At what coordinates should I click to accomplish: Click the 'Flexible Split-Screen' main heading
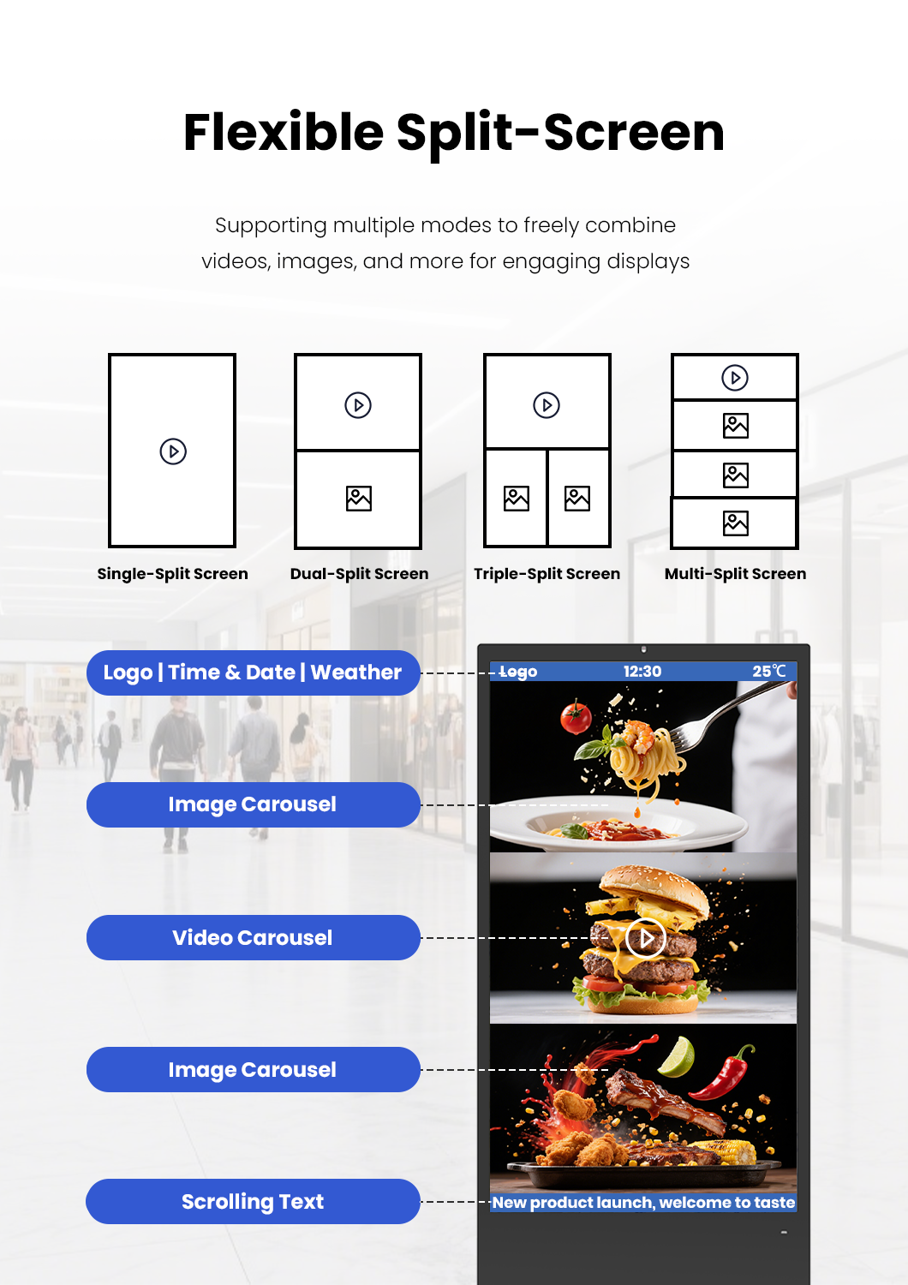click(x=454, y=133)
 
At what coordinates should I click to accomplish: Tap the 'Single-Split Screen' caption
click(x=172, y=574)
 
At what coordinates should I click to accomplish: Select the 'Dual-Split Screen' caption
click(x=359, y=574)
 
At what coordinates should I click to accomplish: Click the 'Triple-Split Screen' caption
click(x=547, y=574)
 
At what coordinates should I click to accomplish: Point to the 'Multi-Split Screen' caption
click(x=735, y=574)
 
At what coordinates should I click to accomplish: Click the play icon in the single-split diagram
click(x=173, y=451)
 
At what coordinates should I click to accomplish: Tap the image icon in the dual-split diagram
click(x=359, y=499)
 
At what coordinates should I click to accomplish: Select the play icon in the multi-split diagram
click(x=735, y=378)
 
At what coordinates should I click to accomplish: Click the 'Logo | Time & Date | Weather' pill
click(x=253, y=672)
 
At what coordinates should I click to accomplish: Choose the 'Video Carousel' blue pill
click(x=253, y=938)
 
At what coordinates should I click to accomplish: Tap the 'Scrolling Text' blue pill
click(x=253, y=1202)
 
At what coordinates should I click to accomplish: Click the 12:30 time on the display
click(x=642, y=672)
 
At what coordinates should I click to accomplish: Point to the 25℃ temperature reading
click(x=768, y=672)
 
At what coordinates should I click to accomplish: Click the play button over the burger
click(x=646, y=939)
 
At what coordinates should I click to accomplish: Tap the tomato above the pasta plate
click(x=576, y=717)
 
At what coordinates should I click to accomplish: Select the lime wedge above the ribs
click(x=677, y=1057)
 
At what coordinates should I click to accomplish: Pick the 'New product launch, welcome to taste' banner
click(x=643, y=1203)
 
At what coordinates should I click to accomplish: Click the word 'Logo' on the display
click(x=518, y=672)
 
